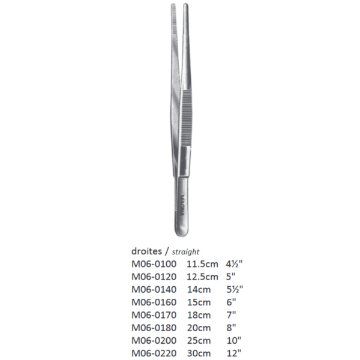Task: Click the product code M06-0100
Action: coord(155,263)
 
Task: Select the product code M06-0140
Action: coord(155,289)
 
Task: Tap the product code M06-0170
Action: coord(155,314)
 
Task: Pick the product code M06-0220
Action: coord(155,352)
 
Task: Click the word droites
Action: coord(147,251)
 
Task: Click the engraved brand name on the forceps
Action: coord(182,203)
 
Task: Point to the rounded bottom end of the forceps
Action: coord(182,231)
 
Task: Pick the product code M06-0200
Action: coord(155,340)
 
